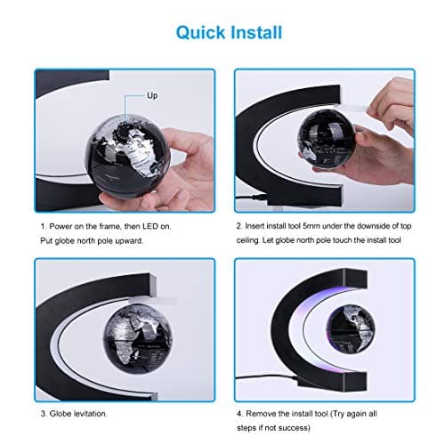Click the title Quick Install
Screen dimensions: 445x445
pyautogui.click(x=229, y=33)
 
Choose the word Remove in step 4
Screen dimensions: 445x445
pyautogui.click(x=265, y=413)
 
